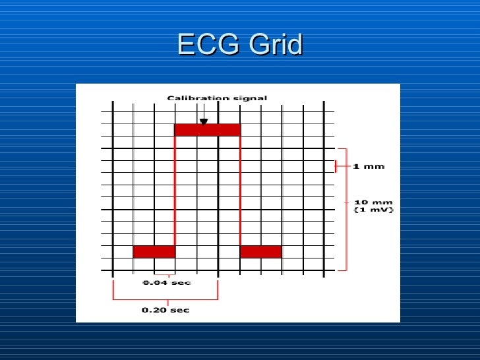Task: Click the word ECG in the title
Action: [206, 45]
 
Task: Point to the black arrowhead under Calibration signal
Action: [204, 121]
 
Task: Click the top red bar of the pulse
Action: [208, 130]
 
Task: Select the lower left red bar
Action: [154, 252]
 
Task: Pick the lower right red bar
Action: [260, 252]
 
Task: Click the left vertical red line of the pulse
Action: [175, 191]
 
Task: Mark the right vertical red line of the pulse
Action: [240, 191]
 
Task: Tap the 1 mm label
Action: [368, 166]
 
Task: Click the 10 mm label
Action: [368, 202]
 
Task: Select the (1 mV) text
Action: [373, 210]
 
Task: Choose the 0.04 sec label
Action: [166, 283]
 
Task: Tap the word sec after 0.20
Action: [180, 310]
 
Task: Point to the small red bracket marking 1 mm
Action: [337, 166]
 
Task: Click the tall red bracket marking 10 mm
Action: [346, 210]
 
